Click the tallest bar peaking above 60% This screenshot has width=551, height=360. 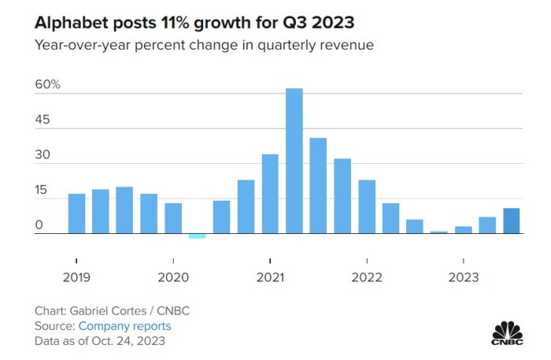click(294, 161)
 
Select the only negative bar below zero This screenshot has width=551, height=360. click(197, 236)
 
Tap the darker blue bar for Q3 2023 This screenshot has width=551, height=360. click(511, 221)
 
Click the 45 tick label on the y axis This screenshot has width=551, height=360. click(42, 120)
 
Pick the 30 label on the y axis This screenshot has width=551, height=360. click(42, 155)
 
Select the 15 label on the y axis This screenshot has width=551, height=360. click(41, 191)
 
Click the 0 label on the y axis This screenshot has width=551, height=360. click(38, 225)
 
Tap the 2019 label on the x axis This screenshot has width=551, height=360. click(76, 277)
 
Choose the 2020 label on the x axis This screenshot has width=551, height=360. click(173, 277)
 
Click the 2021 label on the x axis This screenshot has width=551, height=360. click(270, 277)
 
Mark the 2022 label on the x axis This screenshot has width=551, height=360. click(367, 277)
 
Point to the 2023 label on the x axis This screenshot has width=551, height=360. click(464, 277)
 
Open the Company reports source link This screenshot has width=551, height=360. click(124, 326)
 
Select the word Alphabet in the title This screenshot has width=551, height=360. click(72, 21)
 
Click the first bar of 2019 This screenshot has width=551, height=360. click(76, 213)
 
